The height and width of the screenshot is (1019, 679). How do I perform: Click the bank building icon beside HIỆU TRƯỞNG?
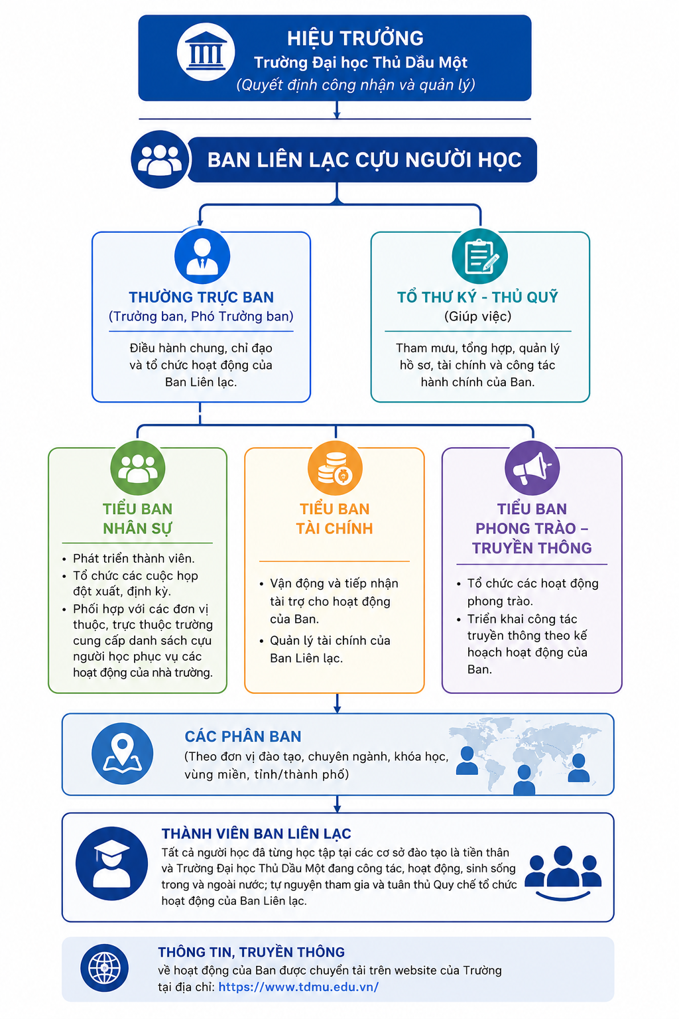(206, 52)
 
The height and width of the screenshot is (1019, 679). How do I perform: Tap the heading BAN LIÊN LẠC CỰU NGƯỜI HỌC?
(364, 160)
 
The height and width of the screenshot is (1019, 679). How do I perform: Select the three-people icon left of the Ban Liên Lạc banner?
(160, 159)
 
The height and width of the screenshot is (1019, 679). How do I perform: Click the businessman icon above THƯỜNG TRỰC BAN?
(202, 256)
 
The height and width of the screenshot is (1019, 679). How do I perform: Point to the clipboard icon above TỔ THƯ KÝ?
(479, 256)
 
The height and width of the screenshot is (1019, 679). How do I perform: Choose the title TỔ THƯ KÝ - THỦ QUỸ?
(477, 297)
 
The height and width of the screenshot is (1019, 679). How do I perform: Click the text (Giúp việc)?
(477, 316)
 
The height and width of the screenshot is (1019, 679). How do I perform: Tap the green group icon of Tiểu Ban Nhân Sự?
(138, 468)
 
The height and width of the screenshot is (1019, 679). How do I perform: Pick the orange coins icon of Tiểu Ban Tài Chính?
(335, 468)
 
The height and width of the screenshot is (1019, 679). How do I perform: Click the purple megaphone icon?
(532, 468)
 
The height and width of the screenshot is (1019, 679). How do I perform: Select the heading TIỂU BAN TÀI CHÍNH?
(335, 519)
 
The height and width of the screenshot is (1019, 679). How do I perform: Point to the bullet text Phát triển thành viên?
(134, 558)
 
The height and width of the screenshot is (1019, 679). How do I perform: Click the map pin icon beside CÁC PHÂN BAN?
(122, 754)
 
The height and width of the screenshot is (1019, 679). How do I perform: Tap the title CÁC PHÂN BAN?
(243, 736)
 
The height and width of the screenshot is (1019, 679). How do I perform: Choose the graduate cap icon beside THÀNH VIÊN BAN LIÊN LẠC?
(111, 863)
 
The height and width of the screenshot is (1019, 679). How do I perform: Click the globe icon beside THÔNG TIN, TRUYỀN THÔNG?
(105, 968)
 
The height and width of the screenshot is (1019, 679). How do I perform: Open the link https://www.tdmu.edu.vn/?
(298, 986)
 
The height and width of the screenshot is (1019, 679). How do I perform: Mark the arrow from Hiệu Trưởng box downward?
(337, 109)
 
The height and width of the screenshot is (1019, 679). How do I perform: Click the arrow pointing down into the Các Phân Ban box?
(337, 703)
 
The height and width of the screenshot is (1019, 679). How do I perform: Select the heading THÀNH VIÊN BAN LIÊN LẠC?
(257, 833)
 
